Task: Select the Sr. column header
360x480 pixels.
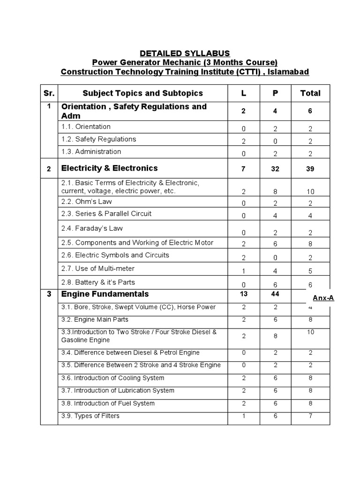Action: coord(49,93)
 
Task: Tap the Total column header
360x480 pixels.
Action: coord(310,93)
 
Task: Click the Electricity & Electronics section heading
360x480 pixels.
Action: coord(109,168)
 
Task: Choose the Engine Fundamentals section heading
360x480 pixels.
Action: coord(105,294)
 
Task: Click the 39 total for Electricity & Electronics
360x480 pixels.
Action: coord(310,169)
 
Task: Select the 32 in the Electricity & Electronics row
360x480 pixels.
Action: coord(275,169)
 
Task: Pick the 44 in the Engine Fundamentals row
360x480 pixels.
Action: coord(275,293)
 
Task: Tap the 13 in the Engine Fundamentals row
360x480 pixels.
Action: coord(243,293)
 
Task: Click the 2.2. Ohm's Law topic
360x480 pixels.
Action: coord(88,201)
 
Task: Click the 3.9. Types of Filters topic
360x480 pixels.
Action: coord(90,416)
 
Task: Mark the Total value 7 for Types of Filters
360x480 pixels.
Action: coord(310,416)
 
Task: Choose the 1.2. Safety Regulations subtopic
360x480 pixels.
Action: coord(98,139)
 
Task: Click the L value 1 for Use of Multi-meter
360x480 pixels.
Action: coord(243,270)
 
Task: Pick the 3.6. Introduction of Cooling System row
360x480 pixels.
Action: coord(113,378)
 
